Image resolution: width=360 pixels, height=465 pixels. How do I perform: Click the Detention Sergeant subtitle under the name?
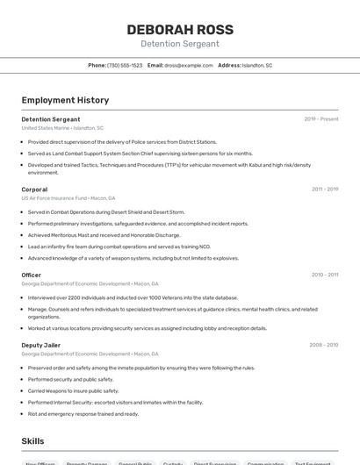[x=180, y=44]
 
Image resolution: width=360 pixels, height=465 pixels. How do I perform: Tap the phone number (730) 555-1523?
[x=125, y=66]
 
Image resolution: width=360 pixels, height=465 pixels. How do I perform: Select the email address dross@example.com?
[x=188, y=66]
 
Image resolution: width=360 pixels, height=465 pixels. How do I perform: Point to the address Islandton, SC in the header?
[x=257, y=66]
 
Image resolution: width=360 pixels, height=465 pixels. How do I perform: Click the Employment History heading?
[x=65, y=100]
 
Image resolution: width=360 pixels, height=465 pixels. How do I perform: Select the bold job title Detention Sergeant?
[x=51, y=119]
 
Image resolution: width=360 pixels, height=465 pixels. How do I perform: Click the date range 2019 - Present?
[x=321, y=119]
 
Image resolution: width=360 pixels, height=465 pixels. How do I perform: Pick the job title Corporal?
[x=34, y=190]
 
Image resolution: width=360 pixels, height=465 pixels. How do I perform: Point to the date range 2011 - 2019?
[x=325, y=190]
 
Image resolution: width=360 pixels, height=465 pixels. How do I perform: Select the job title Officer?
[x=32, y=275]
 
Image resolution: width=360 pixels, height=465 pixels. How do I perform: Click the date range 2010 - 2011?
[x=325, y=275]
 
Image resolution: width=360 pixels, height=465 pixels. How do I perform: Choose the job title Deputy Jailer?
[x=41, y=345]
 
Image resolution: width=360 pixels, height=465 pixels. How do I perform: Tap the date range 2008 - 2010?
[x=324, y=345]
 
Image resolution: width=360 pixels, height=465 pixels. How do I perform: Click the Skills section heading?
[x=32, y=441]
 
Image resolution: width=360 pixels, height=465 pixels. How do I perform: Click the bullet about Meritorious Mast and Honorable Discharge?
[x=104, y=235]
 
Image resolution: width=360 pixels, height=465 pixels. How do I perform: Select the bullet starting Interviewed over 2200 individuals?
[x=133, y=297]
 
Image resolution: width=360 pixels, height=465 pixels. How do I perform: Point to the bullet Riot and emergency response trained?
[x=83, y=413]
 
